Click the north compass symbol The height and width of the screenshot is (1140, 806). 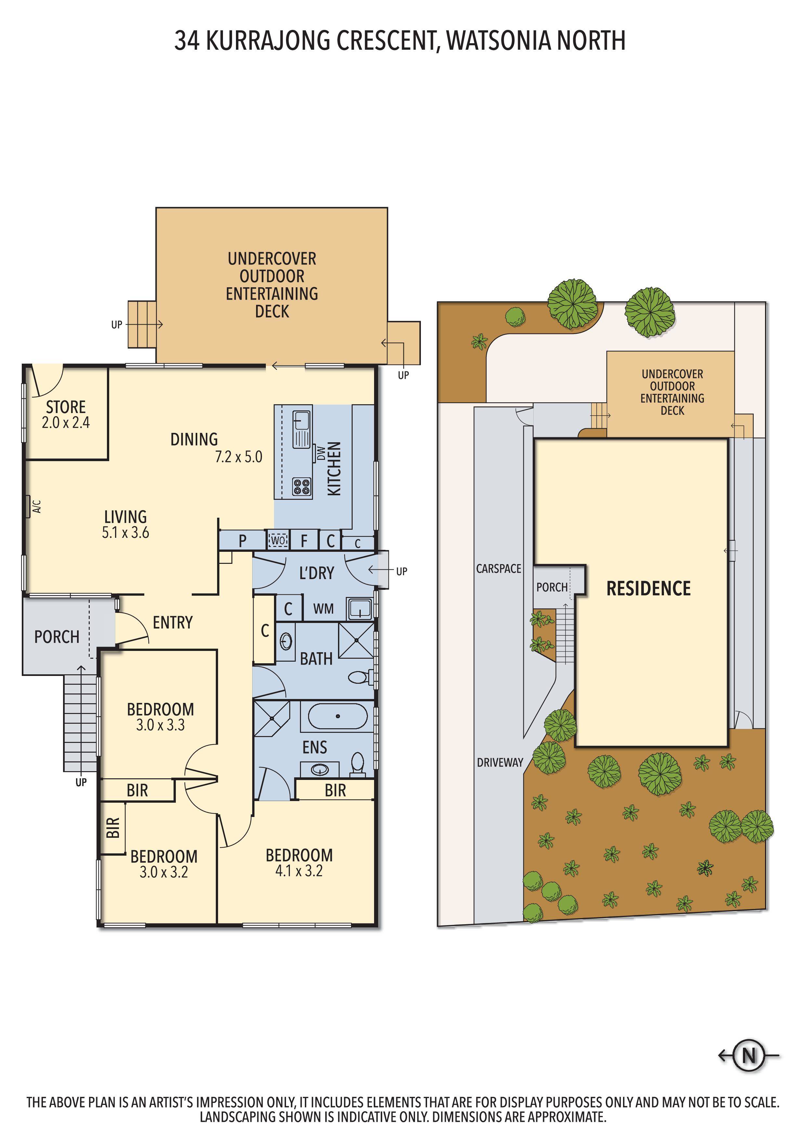(x=748, y=1055)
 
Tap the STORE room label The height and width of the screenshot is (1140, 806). (x=66, y=407)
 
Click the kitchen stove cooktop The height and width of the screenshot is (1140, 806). (x=302, y=486)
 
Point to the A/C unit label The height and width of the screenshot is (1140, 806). (x=37, y=506)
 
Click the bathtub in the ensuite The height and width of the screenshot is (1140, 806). (x=338, y=716)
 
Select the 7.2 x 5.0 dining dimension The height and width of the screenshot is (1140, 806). (x=238, y=457)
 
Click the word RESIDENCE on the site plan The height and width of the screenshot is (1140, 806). (x=649, y=589)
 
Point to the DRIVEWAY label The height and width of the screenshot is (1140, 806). (x=500, y=762)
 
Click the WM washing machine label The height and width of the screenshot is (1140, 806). (x=323, y=609)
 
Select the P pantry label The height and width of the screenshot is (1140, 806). (x=242, y=541)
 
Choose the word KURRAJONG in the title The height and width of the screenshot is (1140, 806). (x=268, y=41)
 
